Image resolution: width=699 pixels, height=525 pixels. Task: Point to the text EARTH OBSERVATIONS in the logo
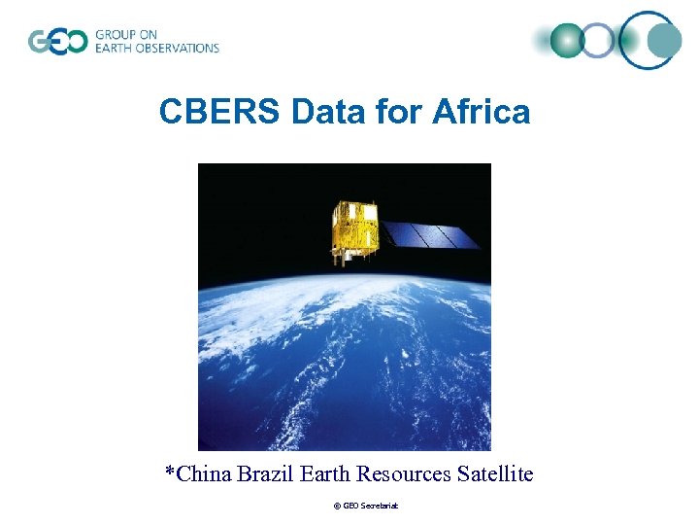157,49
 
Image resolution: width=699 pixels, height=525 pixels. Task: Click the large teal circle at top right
664,41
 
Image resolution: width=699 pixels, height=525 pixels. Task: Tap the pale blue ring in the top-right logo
599,41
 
